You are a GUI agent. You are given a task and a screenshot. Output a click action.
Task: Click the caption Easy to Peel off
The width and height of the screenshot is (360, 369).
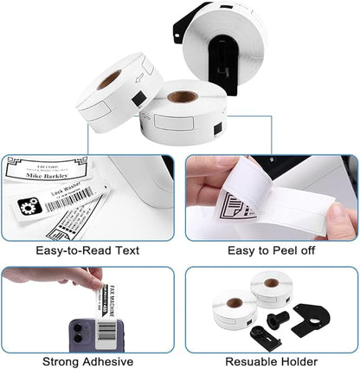tap(271, 250)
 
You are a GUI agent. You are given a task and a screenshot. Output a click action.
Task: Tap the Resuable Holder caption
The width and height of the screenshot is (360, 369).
tap(271, 361)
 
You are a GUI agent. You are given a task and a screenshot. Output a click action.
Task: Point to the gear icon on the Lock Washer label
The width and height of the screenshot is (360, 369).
tap(29, 206)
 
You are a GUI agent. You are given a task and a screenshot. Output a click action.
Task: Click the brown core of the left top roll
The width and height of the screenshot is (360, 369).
tap(109, 78)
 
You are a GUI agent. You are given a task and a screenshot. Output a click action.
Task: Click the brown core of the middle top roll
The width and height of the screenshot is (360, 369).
tap(183, 95)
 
